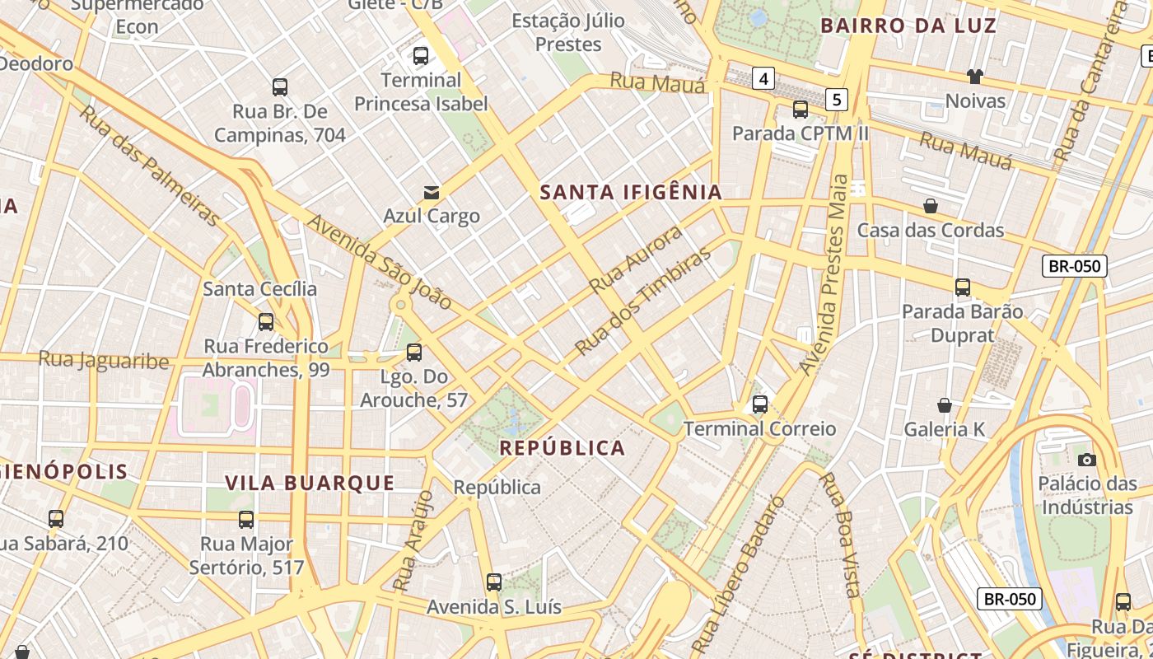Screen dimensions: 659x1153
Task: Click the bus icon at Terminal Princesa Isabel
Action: [x=421, y=56]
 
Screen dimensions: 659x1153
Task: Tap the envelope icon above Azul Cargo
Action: [x=431, y=193]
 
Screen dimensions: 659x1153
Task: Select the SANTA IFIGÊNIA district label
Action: [x=631, y=193]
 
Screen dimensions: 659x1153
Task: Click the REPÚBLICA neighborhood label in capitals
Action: [x=562, y=448]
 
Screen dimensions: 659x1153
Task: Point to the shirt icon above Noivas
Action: [x=975, y=77]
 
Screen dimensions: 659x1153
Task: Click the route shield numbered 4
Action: [x=764, y=78]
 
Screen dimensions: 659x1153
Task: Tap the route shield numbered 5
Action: [x=837, y=100]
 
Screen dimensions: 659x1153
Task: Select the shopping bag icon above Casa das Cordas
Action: [x=931, y=206]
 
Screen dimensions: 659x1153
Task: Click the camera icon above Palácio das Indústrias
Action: [x=1086, y=460]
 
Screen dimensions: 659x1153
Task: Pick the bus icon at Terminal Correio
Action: [x=759, y=404]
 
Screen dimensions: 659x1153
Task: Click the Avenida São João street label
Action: [x=380, y=262]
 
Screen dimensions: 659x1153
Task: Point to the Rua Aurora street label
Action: [x=636, y=259]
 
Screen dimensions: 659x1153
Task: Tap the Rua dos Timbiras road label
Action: [x=642, y=301]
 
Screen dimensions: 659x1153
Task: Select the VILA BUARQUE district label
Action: [x=310, y=483]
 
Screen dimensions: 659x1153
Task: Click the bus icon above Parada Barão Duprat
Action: [x=962, y=287]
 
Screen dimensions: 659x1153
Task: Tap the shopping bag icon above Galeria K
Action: [x=945, y=405]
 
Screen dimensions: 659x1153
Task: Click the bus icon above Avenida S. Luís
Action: [x=494, y=582]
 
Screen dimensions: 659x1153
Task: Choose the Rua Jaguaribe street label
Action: [x=104, y=360]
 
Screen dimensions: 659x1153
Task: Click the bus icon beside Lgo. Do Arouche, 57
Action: [x=414, y=353]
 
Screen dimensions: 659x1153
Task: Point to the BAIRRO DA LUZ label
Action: [x=908, y=26]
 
